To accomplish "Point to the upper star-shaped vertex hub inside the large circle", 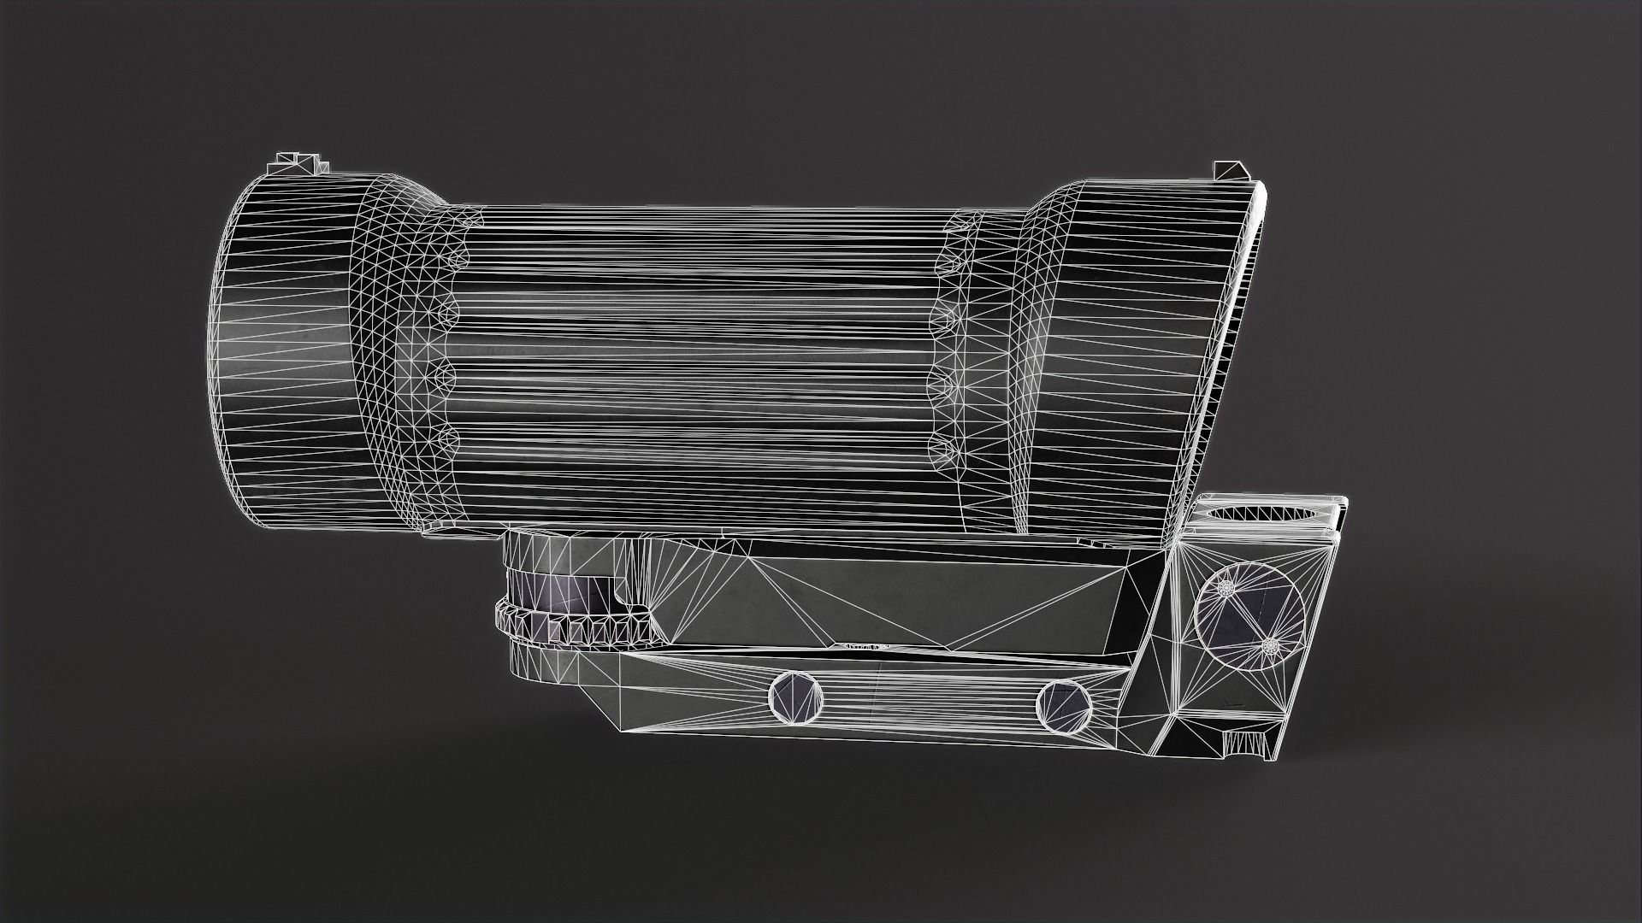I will pos(1225,588).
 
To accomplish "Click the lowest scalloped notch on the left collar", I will pos(446,440).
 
